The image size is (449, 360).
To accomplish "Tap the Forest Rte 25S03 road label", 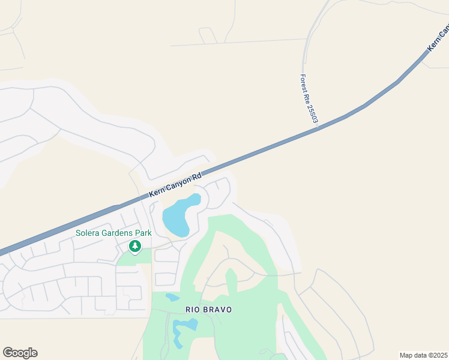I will coord(309,99).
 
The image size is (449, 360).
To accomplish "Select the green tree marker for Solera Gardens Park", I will coord(135,246).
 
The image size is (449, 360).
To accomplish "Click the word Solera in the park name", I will coord(88,233).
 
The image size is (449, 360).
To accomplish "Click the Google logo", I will coord(20,353).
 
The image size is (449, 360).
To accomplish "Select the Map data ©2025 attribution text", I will coord(423,355).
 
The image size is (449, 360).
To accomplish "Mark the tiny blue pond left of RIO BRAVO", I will coord(172,298).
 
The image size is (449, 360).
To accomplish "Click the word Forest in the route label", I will coord(304,83).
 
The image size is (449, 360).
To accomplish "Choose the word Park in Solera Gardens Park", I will coord(143,233).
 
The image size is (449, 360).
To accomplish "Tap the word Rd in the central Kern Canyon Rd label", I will coord(196,178).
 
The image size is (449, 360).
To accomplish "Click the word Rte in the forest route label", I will coord(307,97).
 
